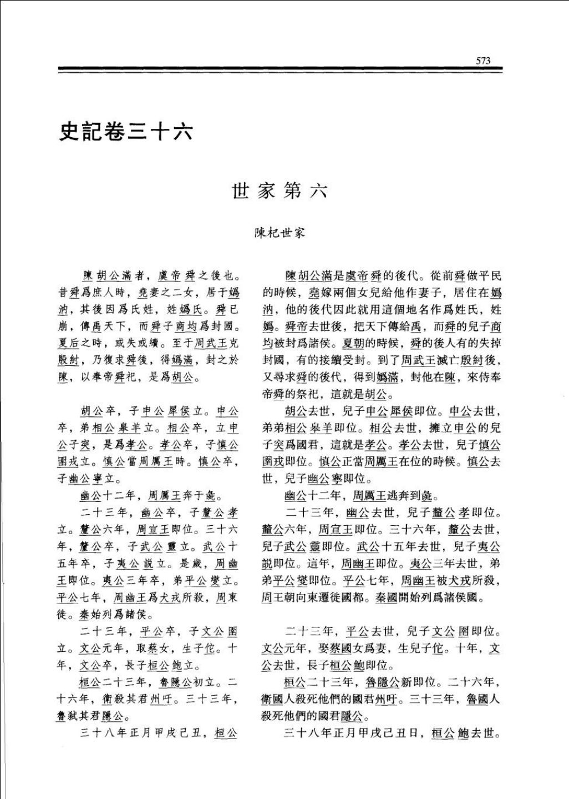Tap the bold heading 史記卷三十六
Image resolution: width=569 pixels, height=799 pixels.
[x=126, y=132]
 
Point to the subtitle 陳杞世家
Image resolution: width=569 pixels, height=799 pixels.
[x=280, y=233]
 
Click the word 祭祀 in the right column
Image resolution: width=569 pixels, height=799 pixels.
[x=328, y=395]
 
